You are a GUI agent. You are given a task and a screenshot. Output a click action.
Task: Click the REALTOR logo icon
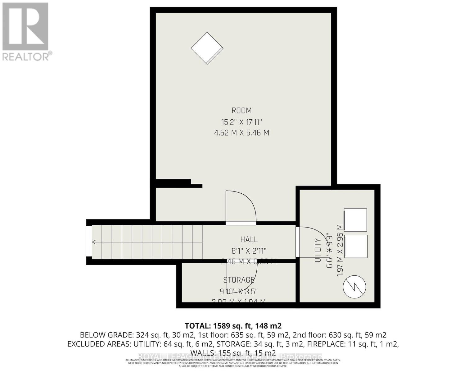tap(25, 27)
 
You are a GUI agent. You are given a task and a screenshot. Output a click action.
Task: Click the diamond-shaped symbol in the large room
tap(207, 48)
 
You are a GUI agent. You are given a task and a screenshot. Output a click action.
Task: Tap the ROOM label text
tap(241, 111)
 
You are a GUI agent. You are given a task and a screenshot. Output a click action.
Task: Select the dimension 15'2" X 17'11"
tap(241, 122)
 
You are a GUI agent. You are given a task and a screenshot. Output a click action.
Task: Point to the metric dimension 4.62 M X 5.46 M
tap(241, 133)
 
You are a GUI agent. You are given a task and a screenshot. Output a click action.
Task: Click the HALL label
tap(249, 239)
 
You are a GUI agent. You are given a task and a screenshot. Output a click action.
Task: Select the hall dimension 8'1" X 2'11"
tap(249, 251)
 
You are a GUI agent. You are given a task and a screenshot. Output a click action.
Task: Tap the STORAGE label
tap(239, 280)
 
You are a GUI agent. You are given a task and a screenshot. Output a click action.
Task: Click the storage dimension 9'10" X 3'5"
tap(239, 291)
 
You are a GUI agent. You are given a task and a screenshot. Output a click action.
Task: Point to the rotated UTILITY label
tap(318, 250)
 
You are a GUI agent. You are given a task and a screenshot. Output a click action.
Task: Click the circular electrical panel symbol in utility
tap(354, 287)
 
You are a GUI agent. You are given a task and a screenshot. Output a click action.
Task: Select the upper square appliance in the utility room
tap(355, 220)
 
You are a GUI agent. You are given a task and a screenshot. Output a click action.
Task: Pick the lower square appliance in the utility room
tap(355, 246)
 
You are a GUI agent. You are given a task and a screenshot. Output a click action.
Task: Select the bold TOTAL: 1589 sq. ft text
tap(233, 326)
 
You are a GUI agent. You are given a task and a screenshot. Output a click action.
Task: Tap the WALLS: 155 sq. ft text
tap(233, 353)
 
